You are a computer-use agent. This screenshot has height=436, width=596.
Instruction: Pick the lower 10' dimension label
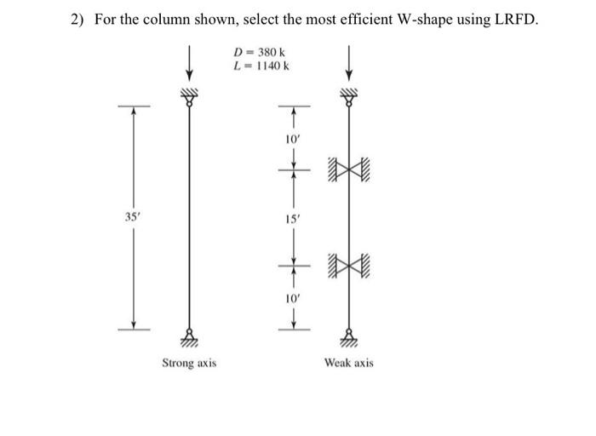[x=292, y=300]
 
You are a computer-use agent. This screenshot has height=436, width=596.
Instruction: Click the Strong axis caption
[x=189, y=363]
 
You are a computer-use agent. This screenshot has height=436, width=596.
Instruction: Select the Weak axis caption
[x=348, y=363]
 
